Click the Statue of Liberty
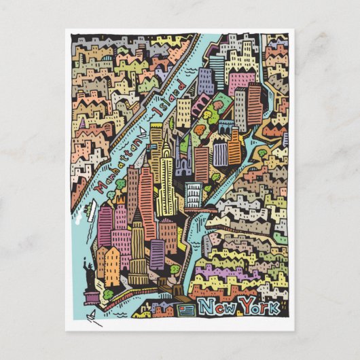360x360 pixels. (87, 272)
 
